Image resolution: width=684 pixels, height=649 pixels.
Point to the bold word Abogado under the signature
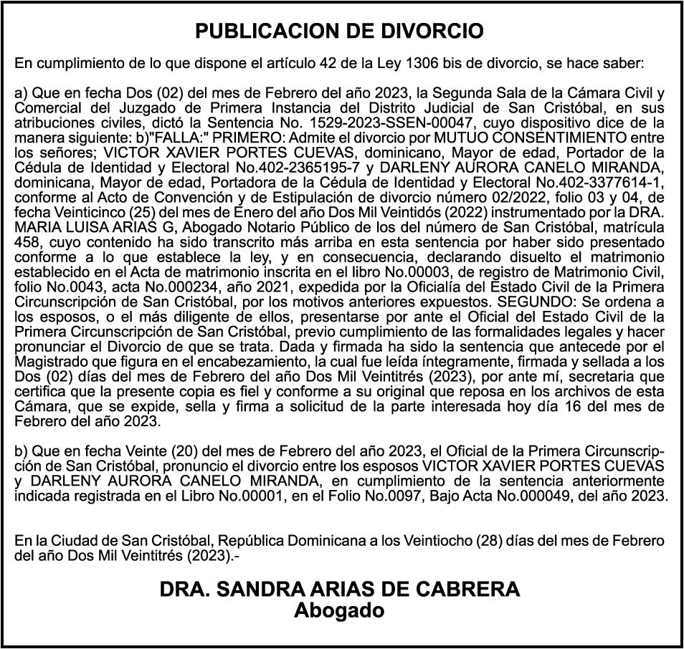[340, 611]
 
